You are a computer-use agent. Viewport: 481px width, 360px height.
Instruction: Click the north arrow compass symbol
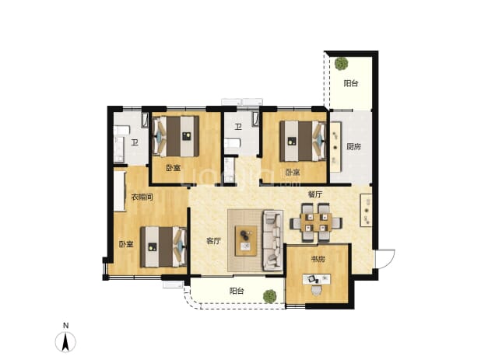click(65, 341)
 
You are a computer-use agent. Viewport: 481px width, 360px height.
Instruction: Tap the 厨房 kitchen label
click(353, 147)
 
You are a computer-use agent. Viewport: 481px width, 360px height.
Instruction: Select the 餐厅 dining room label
click(315, 194)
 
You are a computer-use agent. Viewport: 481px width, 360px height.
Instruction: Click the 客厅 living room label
click(213, 241)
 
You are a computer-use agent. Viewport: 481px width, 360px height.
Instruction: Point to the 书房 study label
click(318, 259)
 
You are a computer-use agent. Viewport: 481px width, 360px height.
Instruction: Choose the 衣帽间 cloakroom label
click(142, 197)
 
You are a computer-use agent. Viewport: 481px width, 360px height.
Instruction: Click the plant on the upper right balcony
click(341, 64)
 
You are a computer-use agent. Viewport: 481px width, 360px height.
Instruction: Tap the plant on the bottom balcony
click(269, 296)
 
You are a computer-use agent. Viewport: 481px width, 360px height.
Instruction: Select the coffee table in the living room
click(246, 241)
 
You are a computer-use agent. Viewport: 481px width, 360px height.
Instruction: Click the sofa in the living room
click(272, 241)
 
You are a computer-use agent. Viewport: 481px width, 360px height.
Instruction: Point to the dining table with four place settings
click(316, 222)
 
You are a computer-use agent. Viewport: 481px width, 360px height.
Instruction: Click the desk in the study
click(317, 279)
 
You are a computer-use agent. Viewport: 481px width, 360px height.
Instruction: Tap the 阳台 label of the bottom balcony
click(237, 291)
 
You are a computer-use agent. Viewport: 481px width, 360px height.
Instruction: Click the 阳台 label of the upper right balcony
click(350, 83)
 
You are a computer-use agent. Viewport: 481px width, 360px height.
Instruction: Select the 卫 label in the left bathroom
click(135, 142)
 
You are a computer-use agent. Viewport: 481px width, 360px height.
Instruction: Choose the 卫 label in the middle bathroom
click(238, 127)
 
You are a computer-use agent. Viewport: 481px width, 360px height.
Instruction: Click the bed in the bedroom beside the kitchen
click(303, 141)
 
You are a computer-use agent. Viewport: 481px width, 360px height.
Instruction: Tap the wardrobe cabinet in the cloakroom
click(120, 191)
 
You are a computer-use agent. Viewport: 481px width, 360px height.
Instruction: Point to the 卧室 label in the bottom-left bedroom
click(126, 244)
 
